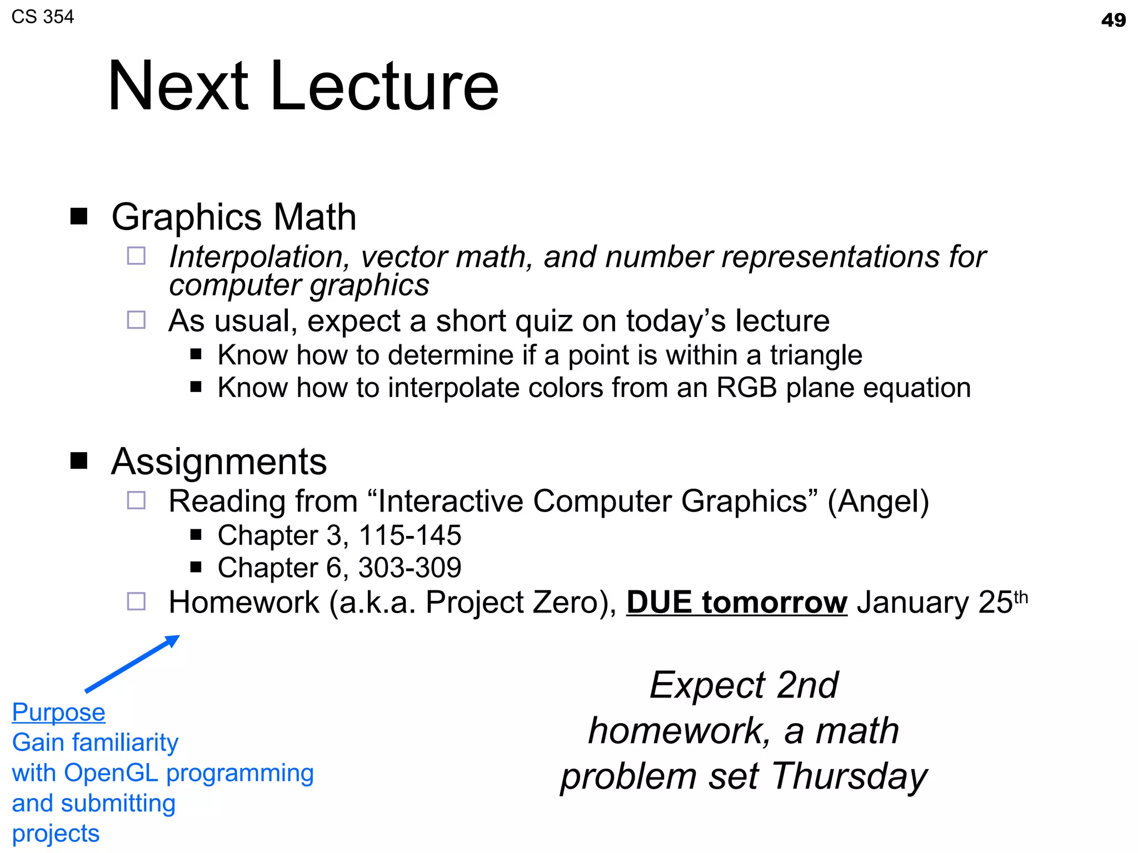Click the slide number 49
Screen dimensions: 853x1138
point(1113,21)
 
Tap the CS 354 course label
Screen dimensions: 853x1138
point(43,17)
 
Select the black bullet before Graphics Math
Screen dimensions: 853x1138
point(79,216)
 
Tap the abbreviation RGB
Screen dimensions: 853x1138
point(746,388)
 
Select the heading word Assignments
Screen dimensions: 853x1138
point(219,462)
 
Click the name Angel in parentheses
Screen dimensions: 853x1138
point(878,501)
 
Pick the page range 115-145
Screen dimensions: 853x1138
point(410,535)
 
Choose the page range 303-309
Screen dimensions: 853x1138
point(410,568)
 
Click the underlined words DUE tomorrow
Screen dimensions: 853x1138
point(737,603)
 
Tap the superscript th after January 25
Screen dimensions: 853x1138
point(1021,597)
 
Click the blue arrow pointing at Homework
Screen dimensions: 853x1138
point(132,664)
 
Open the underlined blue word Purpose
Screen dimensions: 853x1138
point(59,712)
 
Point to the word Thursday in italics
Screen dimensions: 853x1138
point(850,776)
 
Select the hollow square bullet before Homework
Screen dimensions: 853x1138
point(136,601)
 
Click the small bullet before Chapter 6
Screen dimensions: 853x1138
point(196,567)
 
